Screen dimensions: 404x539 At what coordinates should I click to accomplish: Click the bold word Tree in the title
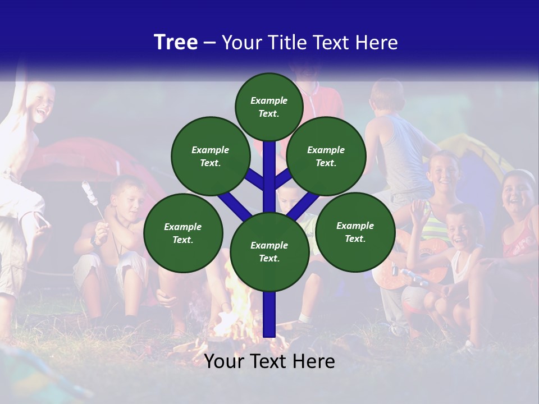[x=176, y=43]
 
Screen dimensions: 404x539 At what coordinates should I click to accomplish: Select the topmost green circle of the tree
[x=269, y=107]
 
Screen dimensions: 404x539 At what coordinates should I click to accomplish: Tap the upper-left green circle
[x=210, y=157]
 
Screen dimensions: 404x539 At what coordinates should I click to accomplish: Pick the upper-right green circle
[x=326, y=157]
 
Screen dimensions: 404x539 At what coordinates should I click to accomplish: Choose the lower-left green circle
[x=183, y=233]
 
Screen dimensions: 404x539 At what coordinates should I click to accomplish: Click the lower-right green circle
[x=355, y=232]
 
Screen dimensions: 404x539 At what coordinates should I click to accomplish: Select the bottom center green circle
[x=269, y=252]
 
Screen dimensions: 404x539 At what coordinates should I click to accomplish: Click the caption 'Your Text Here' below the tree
[x=269, y=361]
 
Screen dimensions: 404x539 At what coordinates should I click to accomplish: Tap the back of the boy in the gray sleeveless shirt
[x=401, y=151]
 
